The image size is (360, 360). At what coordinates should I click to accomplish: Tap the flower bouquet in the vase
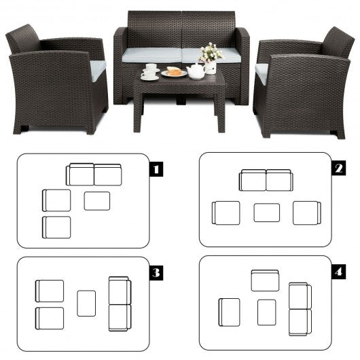211,52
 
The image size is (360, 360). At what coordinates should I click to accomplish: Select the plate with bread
175,72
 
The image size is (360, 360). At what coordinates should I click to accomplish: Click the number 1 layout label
156,169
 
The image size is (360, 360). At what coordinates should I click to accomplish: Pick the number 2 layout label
339,168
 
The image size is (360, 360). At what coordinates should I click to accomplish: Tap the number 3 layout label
156,273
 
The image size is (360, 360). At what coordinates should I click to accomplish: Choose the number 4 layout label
339,272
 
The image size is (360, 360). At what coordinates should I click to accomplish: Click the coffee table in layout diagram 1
97,201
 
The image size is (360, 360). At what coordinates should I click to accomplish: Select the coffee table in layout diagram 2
267,213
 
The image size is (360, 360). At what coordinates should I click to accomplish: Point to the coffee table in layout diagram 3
86,304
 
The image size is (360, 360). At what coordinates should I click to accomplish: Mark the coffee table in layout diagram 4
266,312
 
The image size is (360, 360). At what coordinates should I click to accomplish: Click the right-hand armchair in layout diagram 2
307,213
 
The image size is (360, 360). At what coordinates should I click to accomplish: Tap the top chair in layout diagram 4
265,281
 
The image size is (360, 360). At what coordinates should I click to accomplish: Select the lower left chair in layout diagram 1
56,228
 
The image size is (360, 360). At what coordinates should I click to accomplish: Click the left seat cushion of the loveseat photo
152,55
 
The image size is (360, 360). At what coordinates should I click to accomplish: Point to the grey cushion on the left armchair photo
98,70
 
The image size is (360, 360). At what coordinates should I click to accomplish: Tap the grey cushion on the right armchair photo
262,73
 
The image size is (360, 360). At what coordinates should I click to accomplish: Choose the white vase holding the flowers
211,67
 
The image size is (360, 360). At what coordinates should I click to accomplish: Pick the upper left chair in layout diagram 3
50,291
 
